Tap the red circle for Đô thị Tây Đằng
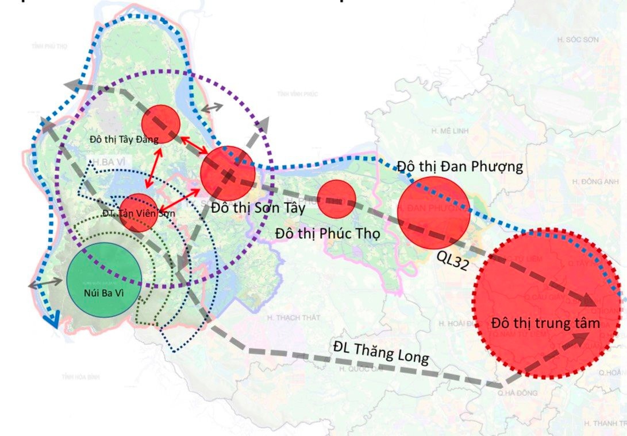point(161,124)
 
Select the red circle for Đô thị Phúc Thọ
point(337,199)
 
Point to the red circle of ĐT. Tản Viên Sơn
point(138,212)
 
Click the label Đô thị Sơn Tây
point(257,208)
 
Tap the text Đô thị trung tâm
point(545,323)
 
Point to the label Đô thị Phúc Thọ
point(328,234)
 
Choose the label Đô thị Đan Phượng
point(460,166)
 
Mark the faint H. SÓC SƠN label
point(578,40)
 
